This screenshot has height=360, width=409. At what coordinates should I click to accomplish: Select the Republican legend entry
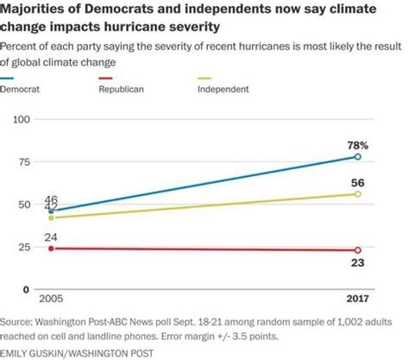119,89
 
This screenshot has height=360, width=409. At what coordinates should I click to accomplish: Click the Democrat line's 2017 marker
358,157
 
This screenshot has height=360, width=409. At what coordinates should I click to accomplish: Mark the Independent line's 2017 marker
358,194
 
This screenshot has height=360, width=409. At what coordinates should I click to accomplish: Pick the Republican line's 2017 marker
358,250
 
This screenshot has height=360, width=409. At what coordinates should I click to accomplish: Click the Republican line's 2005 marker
51,248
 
